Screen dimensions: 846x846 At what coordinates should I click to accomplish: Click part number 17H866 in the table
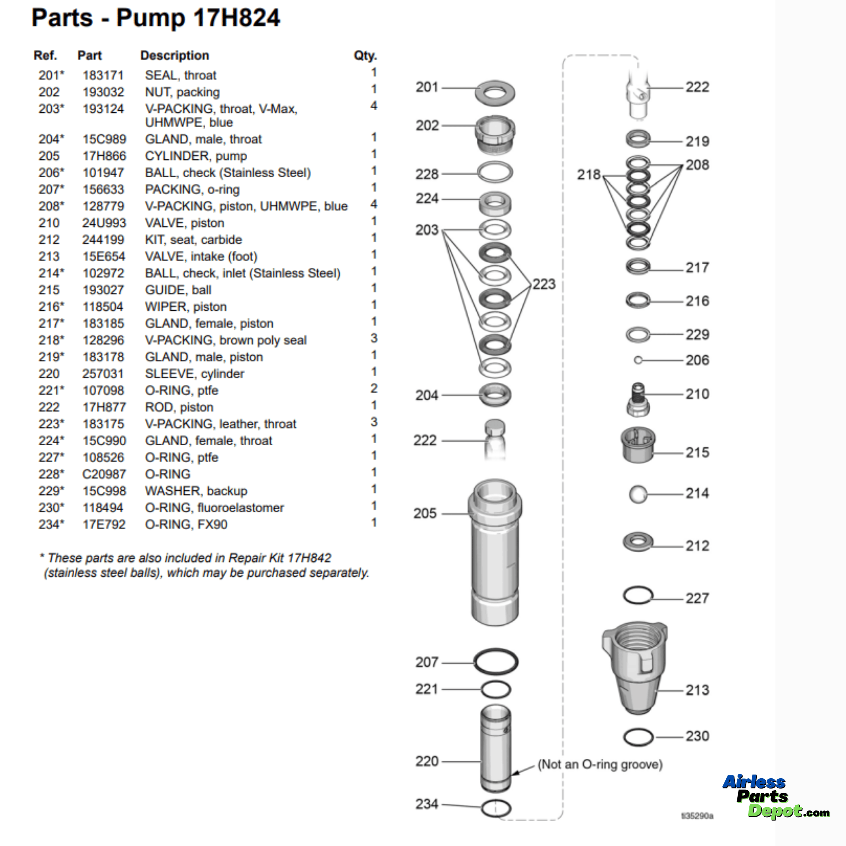(x=104, y=156)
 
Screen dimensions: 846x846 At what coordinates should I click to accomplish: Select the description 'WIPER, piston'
(x=185, y=307)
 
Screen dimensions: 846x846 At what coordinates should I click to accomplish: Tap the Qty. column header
(x=365, y=56)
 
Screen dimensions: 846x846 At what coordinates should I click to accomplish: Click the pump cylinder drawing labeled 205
(x=495, y=552)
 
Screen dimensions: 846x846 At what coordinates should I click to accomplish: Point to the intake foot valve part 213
(x=637, y=670)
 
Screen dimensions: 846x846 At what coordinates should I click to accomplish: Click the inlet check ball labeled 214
(x=638, y=494)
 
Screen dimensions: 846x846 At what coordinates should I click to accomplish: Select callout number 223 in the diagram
(x=544, y=284)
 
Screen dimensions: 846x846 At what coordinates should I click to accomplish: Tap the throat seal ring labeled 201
(x=495, y=93)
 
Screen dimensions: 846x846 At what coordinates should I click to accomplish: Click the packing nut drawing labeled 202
(x=495, y=133)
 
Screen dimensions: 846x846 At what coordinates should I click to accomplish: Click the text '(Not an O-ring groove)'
(x=600, y=764)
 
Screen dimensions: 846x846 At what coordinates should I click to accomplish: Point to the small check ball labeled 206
(x=638, y=360)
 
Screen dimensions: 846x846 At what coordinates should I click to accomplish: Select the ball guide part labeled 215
(x=638, y=444)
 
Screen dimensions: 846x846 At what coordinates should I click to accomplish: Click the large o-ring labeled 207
(x=496, y=662)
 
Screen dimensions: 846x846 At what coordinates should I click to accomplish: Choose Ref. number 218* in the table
(x=51, y=340)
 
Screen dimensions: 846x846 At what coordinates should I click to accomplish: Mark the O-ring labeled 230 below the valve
(x=638, y=737)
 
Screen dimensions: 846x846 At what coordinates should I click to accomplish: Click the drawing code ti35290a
(x=697, y=816)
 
